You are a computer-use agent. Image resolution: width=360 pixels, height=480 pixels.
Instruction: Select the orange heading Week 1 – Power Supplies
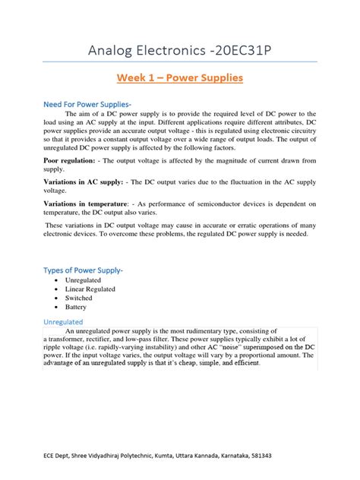pos(180,77)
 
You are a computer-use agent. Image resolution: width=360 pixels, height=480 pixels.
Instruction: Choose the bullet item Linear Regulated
pos(90,289)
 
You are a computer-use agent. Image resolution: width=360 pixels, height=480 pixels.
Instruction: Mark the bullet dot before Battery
pos(58,308)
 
